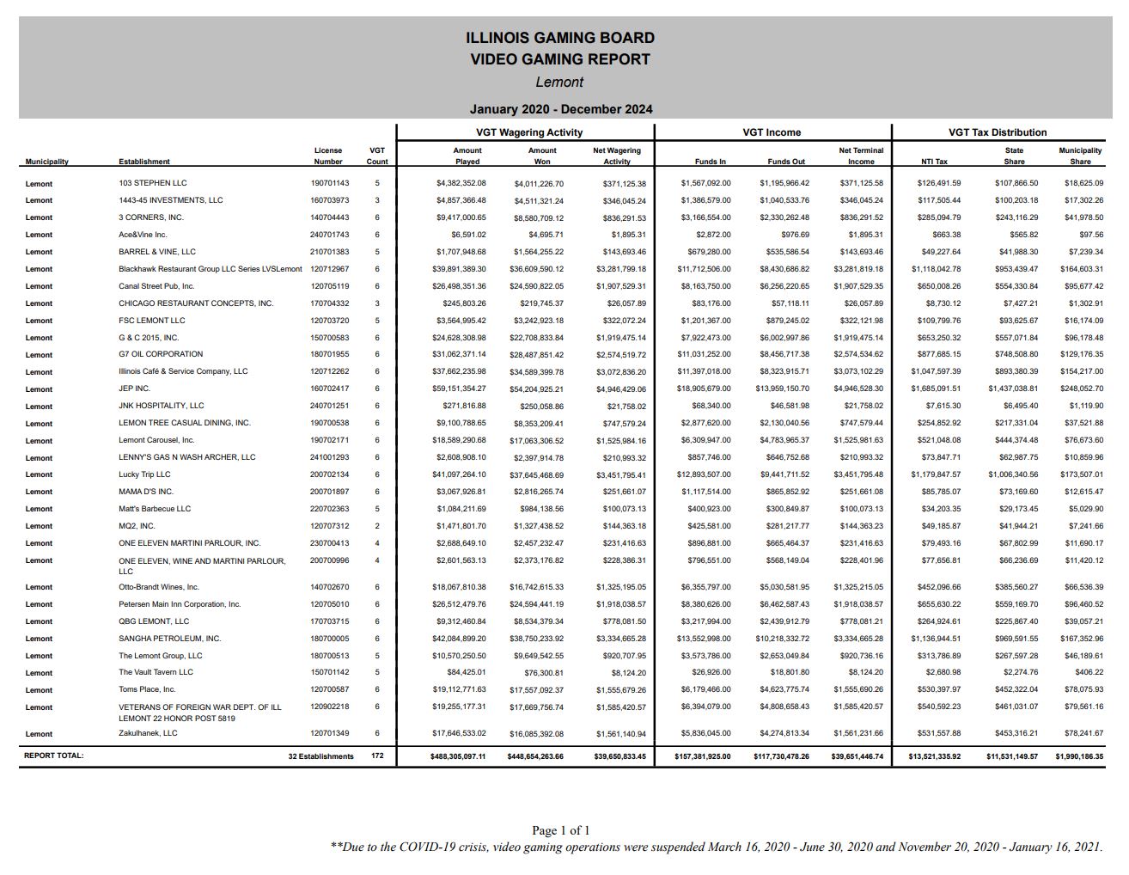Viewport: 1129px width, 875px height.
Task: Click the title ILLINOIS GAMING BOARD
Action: [559, 38]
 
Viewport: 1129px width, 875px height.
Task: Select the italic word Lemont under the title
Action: [559, 83]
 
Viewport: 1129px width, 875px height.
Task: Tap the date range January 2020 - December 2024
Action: [560, 109]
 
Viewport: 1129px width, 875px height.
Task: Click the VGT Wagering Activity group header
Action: [528, 132]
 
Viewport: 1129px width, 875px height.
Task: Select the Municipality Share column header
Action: [1080, 156]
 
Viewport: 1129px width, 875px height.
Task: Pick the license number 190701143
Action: [329, 183]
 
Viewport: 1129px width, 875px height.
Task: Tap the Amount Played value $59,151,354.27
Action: [461, 389]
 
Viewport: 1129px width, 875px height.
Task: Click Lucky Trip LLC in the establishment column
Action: [144, 474]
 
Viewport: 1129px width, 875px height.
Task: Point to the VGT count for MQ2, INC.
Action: [376, 526]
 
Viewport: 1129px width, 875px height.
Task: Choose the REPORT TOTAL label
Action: [54, 756]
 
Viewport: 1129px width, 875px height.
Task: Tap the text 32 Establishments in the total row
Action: [320, 756]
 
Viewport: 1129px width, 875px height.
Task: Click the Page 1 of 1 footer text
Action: [560, 830]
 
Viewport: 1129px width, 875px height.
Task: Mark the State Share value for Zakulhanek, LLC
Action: [1016, 733]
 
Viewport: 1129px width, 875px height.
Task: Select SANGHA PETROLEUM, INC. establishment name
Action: [169, 639]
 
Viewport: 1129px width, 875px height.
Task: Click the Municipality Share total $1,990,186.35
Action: [1079, 756]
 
